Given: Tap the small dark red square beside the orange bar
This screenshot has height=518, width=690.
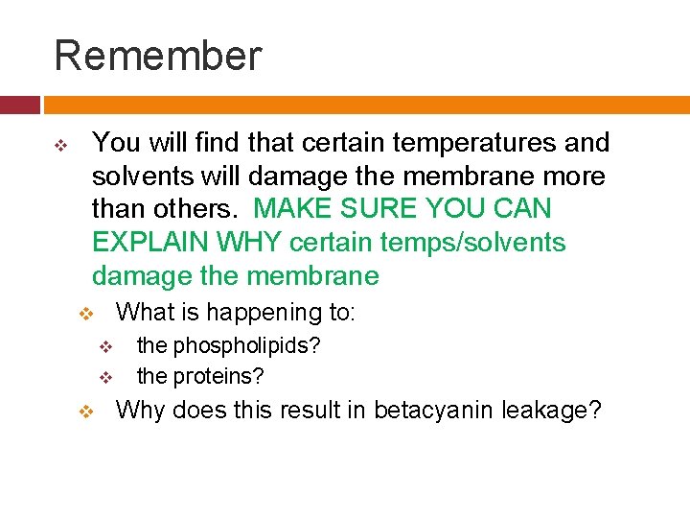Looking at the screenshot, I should [19, 105].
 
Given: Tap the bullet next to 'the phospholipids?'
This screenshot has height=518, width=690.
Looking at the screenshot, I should [106, 345].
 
